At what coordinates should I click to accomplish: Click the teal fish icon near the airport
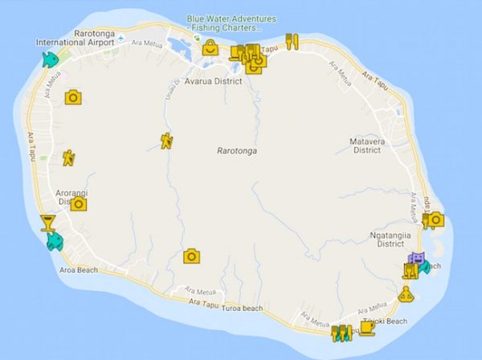coord(50,59)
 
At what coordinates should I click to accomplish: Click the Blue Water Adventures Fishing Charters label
coord(231,22)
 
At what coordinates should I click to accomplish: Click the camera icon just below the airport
coord(72,96)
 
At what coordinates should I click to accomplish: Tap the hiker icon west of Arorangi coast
coord(69,157)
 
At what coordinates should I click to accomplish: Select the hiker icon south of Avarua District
coord(166,142)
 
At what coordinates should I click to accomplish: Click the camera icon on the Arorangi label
coord(78,203)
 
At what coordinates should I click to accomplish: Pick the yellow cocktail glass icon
coord(47,223)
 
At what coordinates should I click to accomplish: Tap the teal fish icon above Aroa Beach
coord(54,240)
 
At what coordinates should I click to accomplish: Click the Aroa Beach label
coord(78,270)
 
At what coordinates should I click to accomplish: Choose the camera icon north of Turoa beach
coord(191,256)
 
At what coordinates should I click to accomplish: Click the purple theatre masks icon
coord(416,257)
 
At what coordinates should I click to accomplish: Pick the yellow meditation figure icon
coord(406,295)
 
